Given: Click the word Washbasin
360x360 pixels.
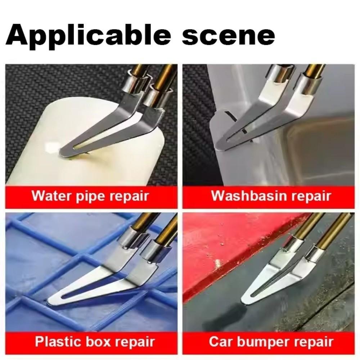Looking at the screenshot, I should click(247, 196).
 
